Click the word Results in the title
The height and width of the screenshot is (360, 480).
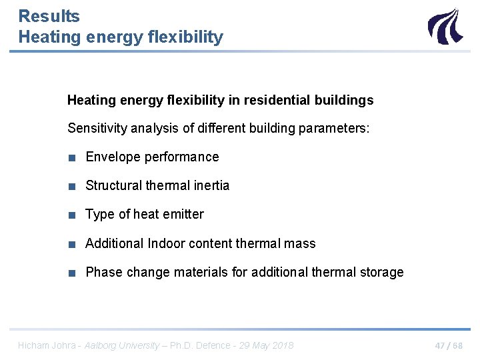tap(49, 16)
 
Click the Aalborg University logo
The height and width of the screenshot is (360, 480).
tap(443, 26)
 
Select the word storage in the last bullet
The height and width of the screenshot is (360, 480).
tap(381, 272)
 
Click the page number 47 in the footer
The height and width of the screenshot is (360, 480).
tap(440, 345)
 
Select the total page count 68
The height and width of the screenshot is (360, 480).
tap(457, 345)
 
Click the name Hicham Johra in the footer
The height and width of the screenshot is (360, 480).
tap(43, 345)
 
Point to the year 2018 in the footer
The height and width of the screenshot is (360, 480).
tap(283, 345)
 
